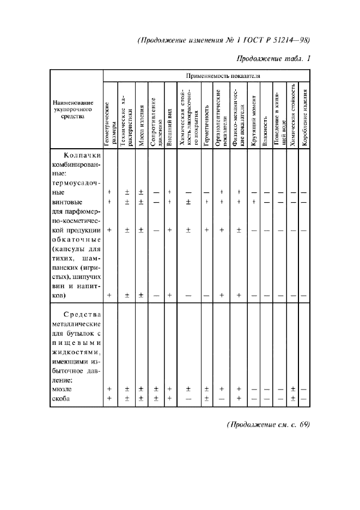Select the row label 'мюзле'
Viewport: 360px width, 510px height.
[63, 390]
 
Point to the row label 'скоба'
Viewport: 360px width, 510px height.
[63, 399]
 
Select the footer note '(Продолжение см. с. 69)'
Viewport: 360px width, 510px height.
[268, 426]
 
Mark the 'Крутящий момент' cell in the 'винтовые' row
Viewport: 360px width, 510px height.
[254, 202]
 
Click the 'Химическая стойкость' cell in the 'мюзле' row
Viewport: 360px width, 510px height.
[294, 389]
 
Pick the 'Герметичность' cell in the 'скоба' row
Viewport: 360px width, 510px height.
[207, 398]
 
